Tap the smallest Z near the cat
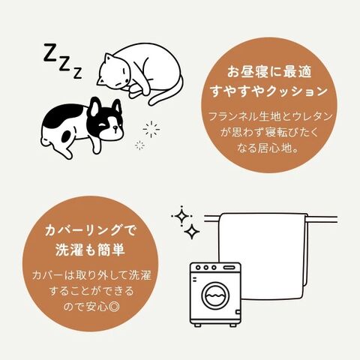[x=77, y=73]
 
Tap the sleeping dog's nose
[x=115, y=128]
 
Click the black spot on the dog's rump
[x=67, y=136]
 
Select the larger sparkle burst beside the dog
[x=151, y=129]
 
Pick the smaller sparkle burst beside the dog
[x=139, y=145]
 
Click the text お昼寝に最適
[x=269, y=72]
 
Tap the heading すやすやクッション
[x=269, y=91]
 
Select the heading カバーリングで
[x=90, y=230]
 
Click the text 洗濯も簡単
[x=90, y=250]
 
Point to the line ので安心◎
[x=91, y=307]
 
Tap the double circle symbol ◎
[x=115, y=307]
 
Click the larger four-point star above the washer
[x=181, y=216]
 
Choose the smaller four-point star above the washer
[x=192, y=232]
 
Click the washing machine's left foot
[x=197, y=325]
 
